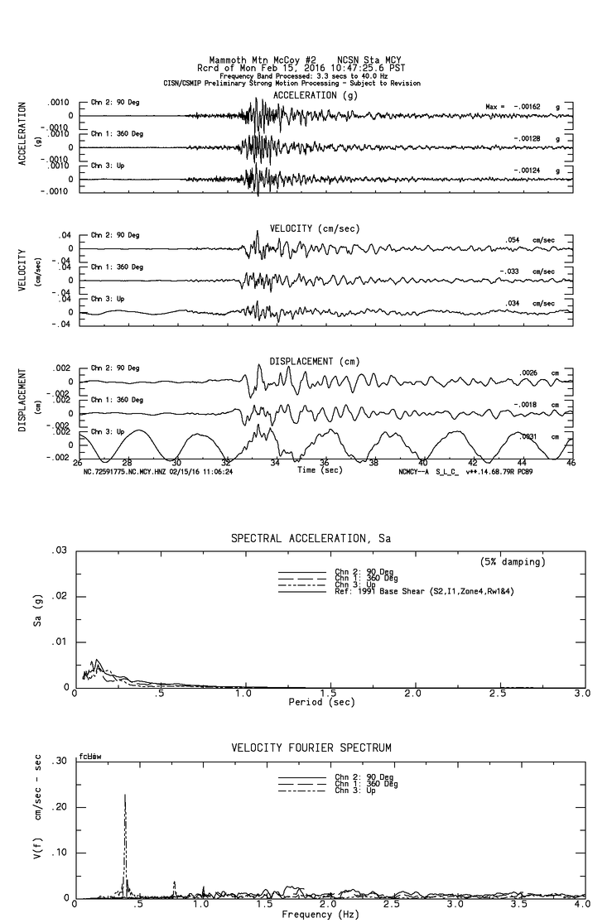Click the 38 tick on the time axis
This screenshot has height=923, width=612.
[x=373, y=463]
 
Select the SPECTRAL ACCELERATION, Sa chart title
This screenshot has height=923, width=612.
[x=311, y=538]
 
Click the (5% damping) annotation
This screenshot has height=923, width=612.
[x=513, y=562]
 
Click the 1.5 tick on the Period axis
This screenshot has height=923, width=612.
[x=328, y=693]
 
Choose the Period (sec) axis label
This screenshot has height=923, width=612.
[x=322, y=702]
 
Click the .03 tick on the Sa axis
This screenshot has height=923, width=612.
[x=60, y=550]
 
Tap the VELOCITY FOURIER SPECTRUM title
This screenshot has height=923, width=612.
[x=311, y=748]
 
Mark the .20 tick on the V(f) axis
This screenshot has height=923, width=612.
[x=60, y=807]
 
